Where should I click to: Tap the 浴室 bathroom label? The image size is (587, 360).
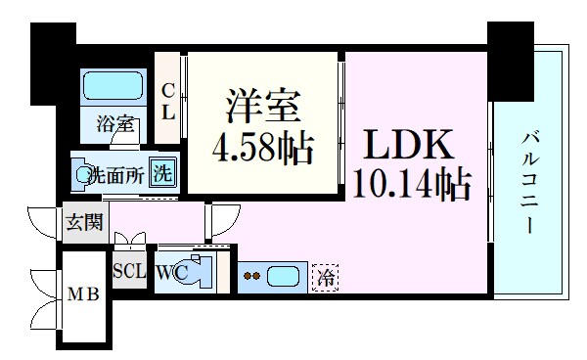coord(111,125)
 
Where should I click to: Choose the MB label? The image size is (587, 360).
coord(80,294)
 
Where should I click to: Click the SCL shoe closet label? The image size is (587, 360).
coord(130,271)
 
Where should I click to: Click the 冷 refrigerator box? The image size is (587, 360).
coord(325,277)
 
